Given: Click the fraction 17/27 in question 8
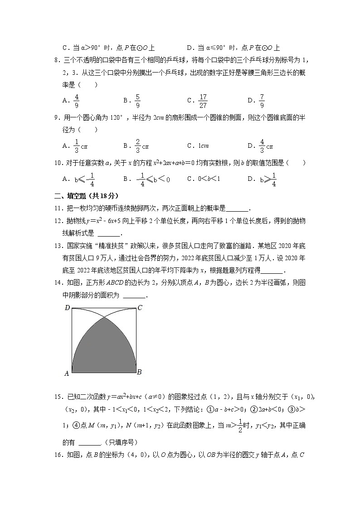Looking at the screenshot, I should [x=203, y=101].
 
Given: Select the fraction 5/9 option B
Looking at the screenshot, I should [x=138, y=101].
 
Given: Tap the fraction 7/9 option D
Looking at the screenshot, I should [x=262, y=101].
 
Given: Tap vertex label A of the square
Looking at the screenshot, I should [x=67, y=373].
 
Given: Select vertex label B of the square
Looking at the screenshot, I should [x=140, y=372].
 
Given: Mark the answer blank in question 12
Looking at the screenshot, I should [x=109, y=234].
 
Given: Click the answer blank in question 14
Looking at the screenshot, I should [x=134, y=296].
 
